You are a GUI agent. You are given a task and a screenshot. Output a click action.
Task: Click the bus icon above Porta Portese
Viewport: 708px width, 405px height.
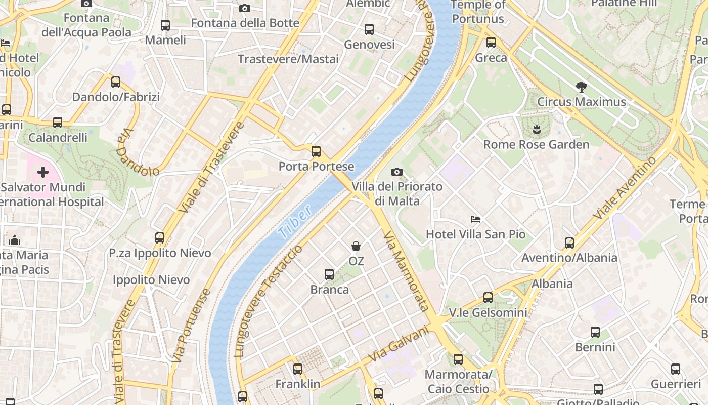pyautogui.click(x=316, y=151)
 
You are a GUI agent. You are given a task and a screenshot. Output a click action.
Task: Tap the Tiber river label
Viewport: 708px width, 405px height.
pyautogui.click(x=295, y=223)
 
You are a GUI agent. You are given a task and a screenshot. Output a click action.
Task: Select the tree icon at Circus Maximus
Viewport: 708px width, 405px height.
pyautogui.click(x=582, y=87)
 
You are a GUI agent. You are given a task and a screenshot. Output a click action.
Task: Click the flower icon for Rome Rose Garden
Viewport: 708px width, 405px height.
pyautogui.click(x=537, y=130)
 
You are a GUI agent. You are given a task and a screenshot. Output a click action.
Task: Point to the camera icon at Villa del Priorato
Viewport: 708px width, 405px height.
pyautogui.click(x=397, y=172)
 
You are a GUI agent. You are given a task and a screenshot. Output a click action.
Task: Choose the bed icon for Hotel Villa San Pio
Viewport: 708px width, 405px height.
pyautogui.click(x=475, y=219)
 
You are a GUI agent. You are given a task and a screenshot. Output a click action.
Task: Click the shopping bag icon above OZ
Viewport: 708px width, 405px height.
pyautogui.click(x=356, y=246)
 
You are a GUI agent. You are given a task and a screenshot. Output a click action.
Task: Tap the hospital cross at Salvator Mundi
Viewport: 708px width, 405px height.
pyautogui.click(x=43, y=172)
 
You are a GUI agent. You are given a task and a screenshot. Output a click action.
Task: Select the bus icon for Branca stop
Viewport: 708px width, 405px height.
pyautogui.click(x=329, y=274)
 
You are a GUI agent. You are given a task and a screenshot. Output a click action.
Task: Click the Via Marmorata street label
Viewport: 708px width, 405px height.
pyautogui.click(x=406, y=271)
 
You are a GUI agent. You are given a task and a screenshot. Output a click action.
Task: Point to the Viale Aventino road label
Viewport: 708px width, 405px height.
pyautogui.click(x=625, y=188)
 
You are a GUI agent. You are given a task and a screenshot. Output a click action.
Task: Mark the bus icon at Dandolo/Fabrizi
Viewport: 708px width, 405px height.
pyautogui.click(x=116, y=82)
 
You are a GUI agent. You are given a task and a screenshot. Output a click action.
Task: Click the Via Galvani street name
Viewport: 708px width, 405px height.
pyautogui.click(x=398, y=344)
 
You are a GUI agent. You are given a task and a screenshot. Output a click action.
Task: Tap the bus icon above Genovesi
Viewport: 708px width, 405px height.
pyautogui.click(x=369, y=29)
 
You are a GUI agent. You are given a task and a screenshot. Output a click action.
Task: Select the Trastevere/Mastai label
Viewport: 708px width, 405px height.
pyautogui.click(x=288, y=59)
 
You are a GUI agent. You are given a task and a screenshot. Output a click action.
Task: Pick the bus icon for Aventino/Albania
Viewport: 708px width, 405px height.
pyautogui.click(x=569, y=243)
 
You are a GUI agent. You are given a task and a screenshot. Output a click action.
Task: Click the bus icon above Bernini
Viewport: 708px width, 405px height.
pyautogui.click(x=595, y=332)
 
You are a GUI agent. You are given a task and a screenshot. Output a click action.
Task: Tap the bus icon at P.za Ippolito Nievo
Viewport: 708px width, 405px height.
pyautogui.click(x=160, y=237)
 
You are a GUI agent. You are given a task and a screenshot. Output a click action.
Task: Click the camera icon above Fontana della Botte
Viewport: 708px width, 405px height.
pyautogui.click(x=245, y=8)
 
